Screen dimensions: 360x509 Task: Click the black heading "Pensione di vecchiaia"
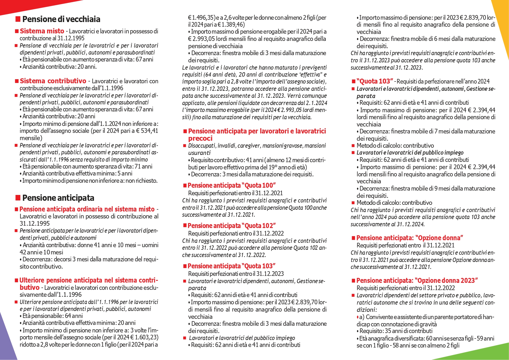pos(61,19)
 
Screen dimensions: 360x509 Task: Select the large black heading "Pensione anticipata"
pos(58,198)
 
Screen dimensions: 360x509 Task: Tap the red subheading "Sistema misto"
pos(42,31)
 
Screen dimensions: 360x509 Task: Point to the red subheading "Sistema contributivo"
pos(53,81)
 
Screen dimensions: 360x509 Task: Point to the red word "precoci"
pos(200,138)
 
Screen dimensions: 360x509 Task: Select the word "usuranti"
pos(199,153)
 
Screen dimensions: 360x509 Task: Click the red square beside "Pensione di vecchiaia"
pos(18,19)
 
